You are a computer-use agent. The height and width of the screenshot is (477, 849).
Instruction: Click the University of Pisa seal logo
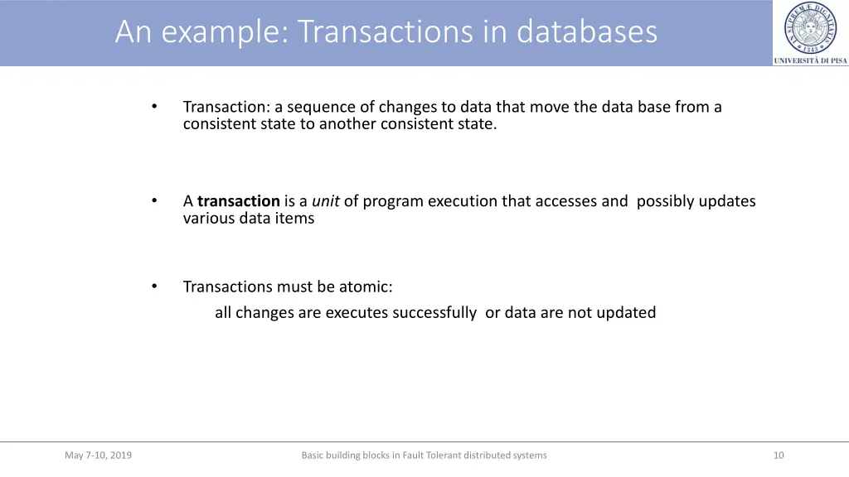pyautogui.click(x=810, y=28)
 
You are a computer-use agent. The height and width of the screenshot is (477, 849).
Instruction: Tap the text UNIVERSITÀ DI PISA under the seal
pyautogui.click(x=810, y=60)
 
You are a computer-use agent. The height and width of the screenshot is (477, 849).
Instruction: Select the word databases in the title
pyautogui.click(x=587, y=32)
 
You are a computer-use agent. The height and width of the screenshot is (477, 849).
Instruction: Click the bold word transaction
pyautogui.click(x=239, y=201)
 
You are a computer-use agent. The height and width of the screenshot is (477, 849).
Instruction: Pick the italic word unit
pyautogui.click(x=325, y=201)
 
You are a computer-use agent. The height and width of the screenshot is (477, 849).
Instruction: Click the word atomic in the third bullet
pyautogui.click(x=365, y=287)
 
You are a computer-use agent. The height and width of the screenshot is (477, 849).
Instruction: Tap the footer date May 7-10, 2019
pyautogui.click(x=98, y=455)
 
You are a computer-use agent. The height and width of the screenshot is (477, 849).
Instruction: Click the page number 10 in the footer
pyautogui.click(x=778, y=455)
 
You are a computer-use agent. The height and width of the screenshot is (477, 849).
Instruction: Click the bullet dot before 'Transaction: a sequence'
pyautogui.click(x=154, y=107)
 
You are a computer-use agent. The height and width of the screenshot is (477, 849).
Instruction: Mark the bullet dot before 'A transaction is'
pyautogui.click(x=154, y=201)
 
